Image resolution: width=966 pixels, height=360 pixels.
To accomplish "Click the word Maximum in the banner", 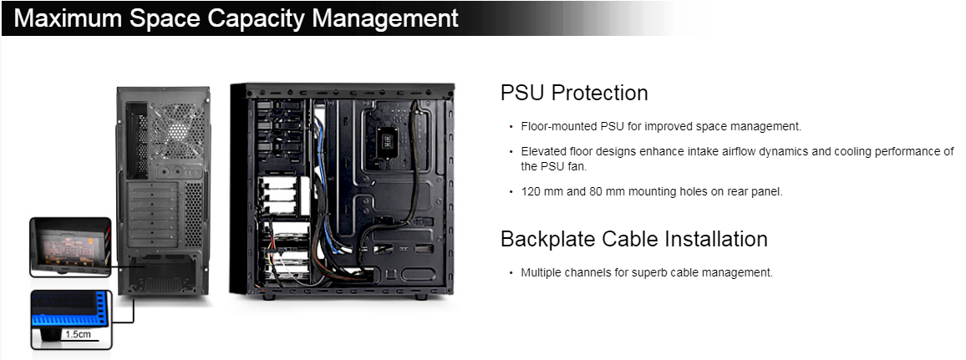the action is coord(67,18).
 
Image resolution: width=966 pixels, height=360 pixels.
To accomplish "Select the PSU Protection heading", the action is coord(573,93).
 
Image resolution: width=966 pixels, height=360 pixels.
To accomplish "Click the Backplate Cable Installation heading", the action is coord(634,239).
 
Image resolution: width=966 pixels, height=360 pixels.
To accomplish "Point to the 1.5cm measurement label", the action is coord(79,335).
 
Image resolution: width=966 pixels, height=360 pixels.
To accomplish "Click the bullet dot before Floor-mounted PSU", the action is coord(511,127).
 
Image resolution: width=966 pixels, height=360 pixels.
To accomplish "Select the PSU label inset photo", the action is coord(70,246).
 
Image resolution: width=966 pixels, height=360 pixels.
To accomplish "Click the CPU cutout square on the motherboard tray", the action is coord(386,140).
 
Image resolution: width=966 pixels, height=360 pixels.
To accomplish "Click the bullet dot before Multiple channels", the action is coord(511,272).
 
